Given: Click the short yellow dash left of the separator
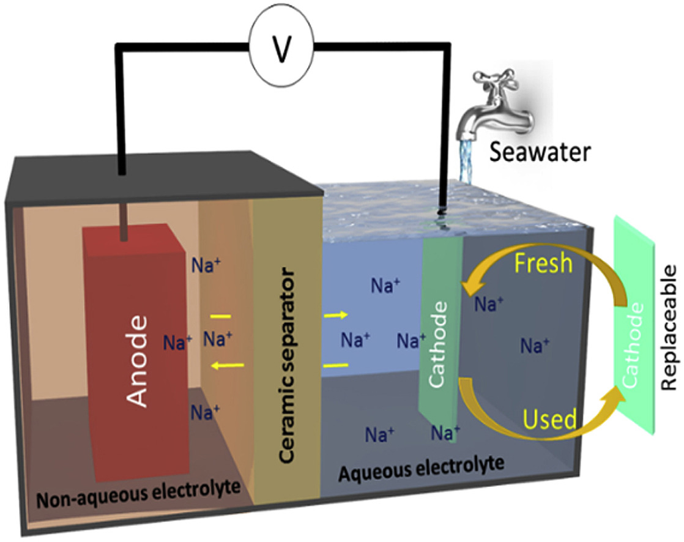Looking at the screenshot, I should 220,317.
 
